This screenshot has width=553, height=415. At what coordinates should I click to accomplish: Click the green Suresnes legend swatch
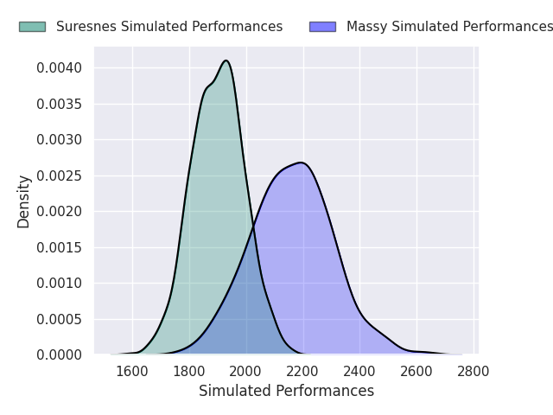(33, 27)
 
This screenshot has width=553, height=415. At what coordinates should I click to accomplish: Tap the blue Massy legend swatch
(322, 27)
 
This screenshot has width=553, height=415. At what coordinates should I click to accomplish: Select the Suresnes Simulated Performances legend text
(169, 27)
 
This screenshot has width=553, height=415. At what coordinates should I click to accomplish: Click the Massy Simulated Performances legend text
(449, 27)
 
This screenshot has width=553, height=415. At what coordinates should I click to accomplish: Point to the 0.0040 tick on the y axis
(60, 67)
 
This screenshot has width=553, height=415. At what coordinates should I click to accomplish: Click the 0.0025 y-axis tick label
(60, 176)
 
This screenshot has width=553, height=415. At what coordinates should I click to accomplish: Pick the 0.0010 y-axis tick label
(60, 284)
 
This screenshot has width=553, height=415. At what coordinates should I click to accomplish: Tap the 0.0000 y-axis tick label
(60, 355)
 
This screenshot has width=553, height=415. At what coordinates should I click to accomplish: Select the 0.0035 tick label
(60, 104)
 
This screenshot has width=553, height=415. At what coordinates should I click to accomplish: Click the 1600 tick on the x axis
(132, 372)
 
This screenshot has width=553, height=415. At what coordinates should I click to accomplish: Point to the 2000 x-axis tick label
(245, 372)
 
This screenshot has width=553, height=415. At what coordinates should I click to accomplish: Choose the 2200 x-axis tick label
(302, 372)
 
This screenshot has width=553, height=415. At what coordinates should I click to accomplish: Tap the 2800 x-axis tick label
(474, 372)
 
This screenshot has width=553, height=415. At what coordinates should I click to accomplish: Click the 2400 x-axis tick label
(359, 372)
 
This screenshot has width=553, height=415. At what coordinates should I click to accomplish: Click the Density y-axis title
(23, 201)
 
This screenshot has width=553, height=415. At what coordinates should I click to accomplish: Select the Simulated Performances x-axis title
(286, 391)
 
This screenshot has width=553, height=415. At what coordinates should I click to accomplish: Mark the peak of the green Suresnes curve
(226, 61)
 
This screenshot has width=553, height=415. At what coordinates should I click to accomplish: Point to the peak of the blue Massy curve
(302, 163)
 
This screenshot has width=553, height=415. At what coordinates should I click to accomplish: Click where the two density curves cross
(253, 228)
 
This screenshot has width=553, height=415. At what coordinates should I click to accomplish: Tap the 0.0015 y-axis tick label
(60, 248)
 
